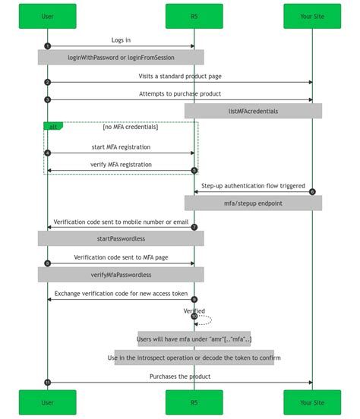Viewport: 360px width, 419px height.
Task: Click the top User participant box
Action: click(47, 16)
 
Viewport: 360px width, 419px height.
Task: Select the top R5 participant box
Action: click(194, 16)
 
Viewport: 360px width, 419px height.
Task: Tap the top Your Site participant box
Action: click(312, 16)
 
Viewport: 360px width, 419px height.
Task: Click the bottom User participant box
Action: click(47, 402)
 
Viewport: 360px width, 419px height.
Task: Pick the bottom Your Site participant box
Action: click(312, 402)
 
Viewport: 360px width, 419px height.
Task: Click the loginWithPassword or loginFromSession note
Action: click(121, 57)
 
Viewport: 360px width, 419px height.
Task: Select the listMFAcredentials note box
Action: click(253, 111)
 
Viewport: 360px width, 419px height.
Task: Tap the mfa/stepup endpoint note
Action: click(253, 203)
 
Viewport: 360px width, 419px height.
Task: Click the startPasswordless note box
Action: click(121, 238)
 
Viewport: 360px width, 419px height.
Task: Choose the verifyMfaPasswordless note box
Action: click(121, 274)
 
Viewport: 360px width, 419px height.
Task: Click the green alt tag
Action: click(53, 126)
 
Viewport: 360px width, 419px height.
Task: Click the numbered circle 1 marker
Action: click(48, 46)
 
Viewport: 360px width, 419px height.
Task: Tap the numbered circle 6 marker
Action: click(312, 191)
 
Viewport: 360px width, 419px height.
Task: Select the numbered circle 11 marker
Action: click(48, 383)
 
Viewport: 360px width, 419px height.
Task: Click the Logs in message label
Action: click(121, 40)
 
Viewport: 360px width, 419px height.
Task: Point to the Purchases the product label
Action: click(180, 376)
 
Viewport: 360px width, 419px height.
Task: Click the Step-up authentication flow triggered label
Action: click(253, 185)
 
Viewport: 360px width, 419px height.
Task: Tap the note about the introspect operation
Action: click(194, 358)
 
